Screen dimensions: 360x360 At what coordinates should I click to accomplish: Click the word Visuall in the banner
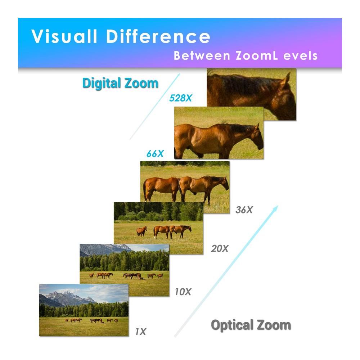tap(64, 36)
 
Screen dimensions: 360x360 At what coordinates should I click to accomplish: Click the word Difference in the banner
tap(158, 36)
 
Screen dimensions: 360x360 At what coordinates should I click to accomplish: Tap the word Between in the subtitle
tap(202, 56)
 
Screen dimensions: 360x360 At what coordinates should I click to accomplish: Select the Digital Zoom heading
tap(120, 83)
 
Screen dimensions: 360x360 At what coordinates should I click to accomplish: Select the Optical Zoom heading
tap(251, 325)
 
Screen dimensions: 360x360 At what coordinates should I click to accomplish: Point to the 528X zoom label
tap(180, 98)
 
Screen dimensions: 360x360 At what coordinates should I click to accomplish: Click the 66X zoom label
tap(155, 154)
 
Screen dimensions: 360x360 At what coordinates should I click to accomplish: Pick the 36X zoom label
tap(244, 210)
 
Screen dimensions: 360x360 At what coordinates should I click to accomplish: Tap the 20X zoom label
tap(220, 248)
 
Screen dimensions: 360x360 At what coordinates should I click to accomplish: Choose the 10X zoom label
tap(183, 292)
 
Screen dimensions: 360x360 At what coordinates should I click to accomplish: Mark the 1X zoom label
tap(140, 332)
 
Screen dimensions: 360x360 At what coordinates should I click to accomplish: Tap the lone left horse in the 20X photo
tap(142, 231)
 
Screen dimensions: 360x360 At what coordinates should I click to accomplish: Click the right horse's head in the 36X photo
tap(224, 184)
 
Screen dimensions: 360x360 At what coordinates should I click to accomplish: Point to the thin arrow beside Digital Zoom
tap(155, 107)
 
